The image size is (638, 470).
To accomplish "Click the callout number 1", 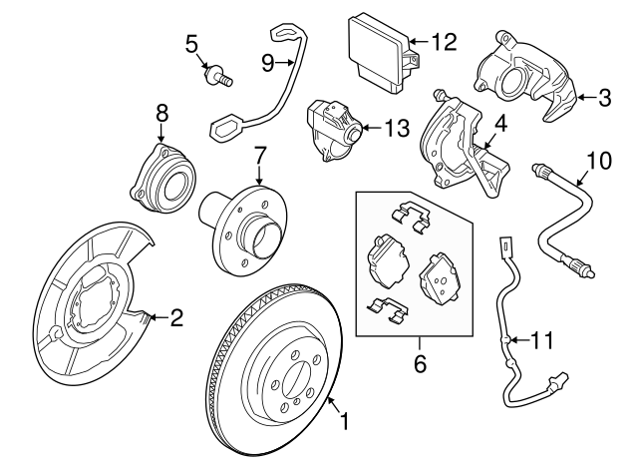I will (x=346, y=422).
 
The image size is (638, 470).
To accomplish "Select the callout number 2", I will (x=176, y=318).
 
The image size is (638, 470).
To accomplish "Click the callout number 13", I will (x=399, y=128).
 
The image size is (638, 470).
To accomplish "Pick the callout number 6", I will (x=420, y=364).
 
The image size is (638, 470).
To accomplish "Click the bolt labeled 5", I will (x=215, y=73).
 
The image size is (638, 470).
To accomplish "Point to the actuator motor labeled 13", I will (x=332, y=130).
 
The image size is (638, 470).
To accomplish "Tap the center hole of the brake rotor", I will (x=298, y=383).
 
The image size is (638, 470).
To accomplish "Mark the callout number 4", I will (x=501, y=125).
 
